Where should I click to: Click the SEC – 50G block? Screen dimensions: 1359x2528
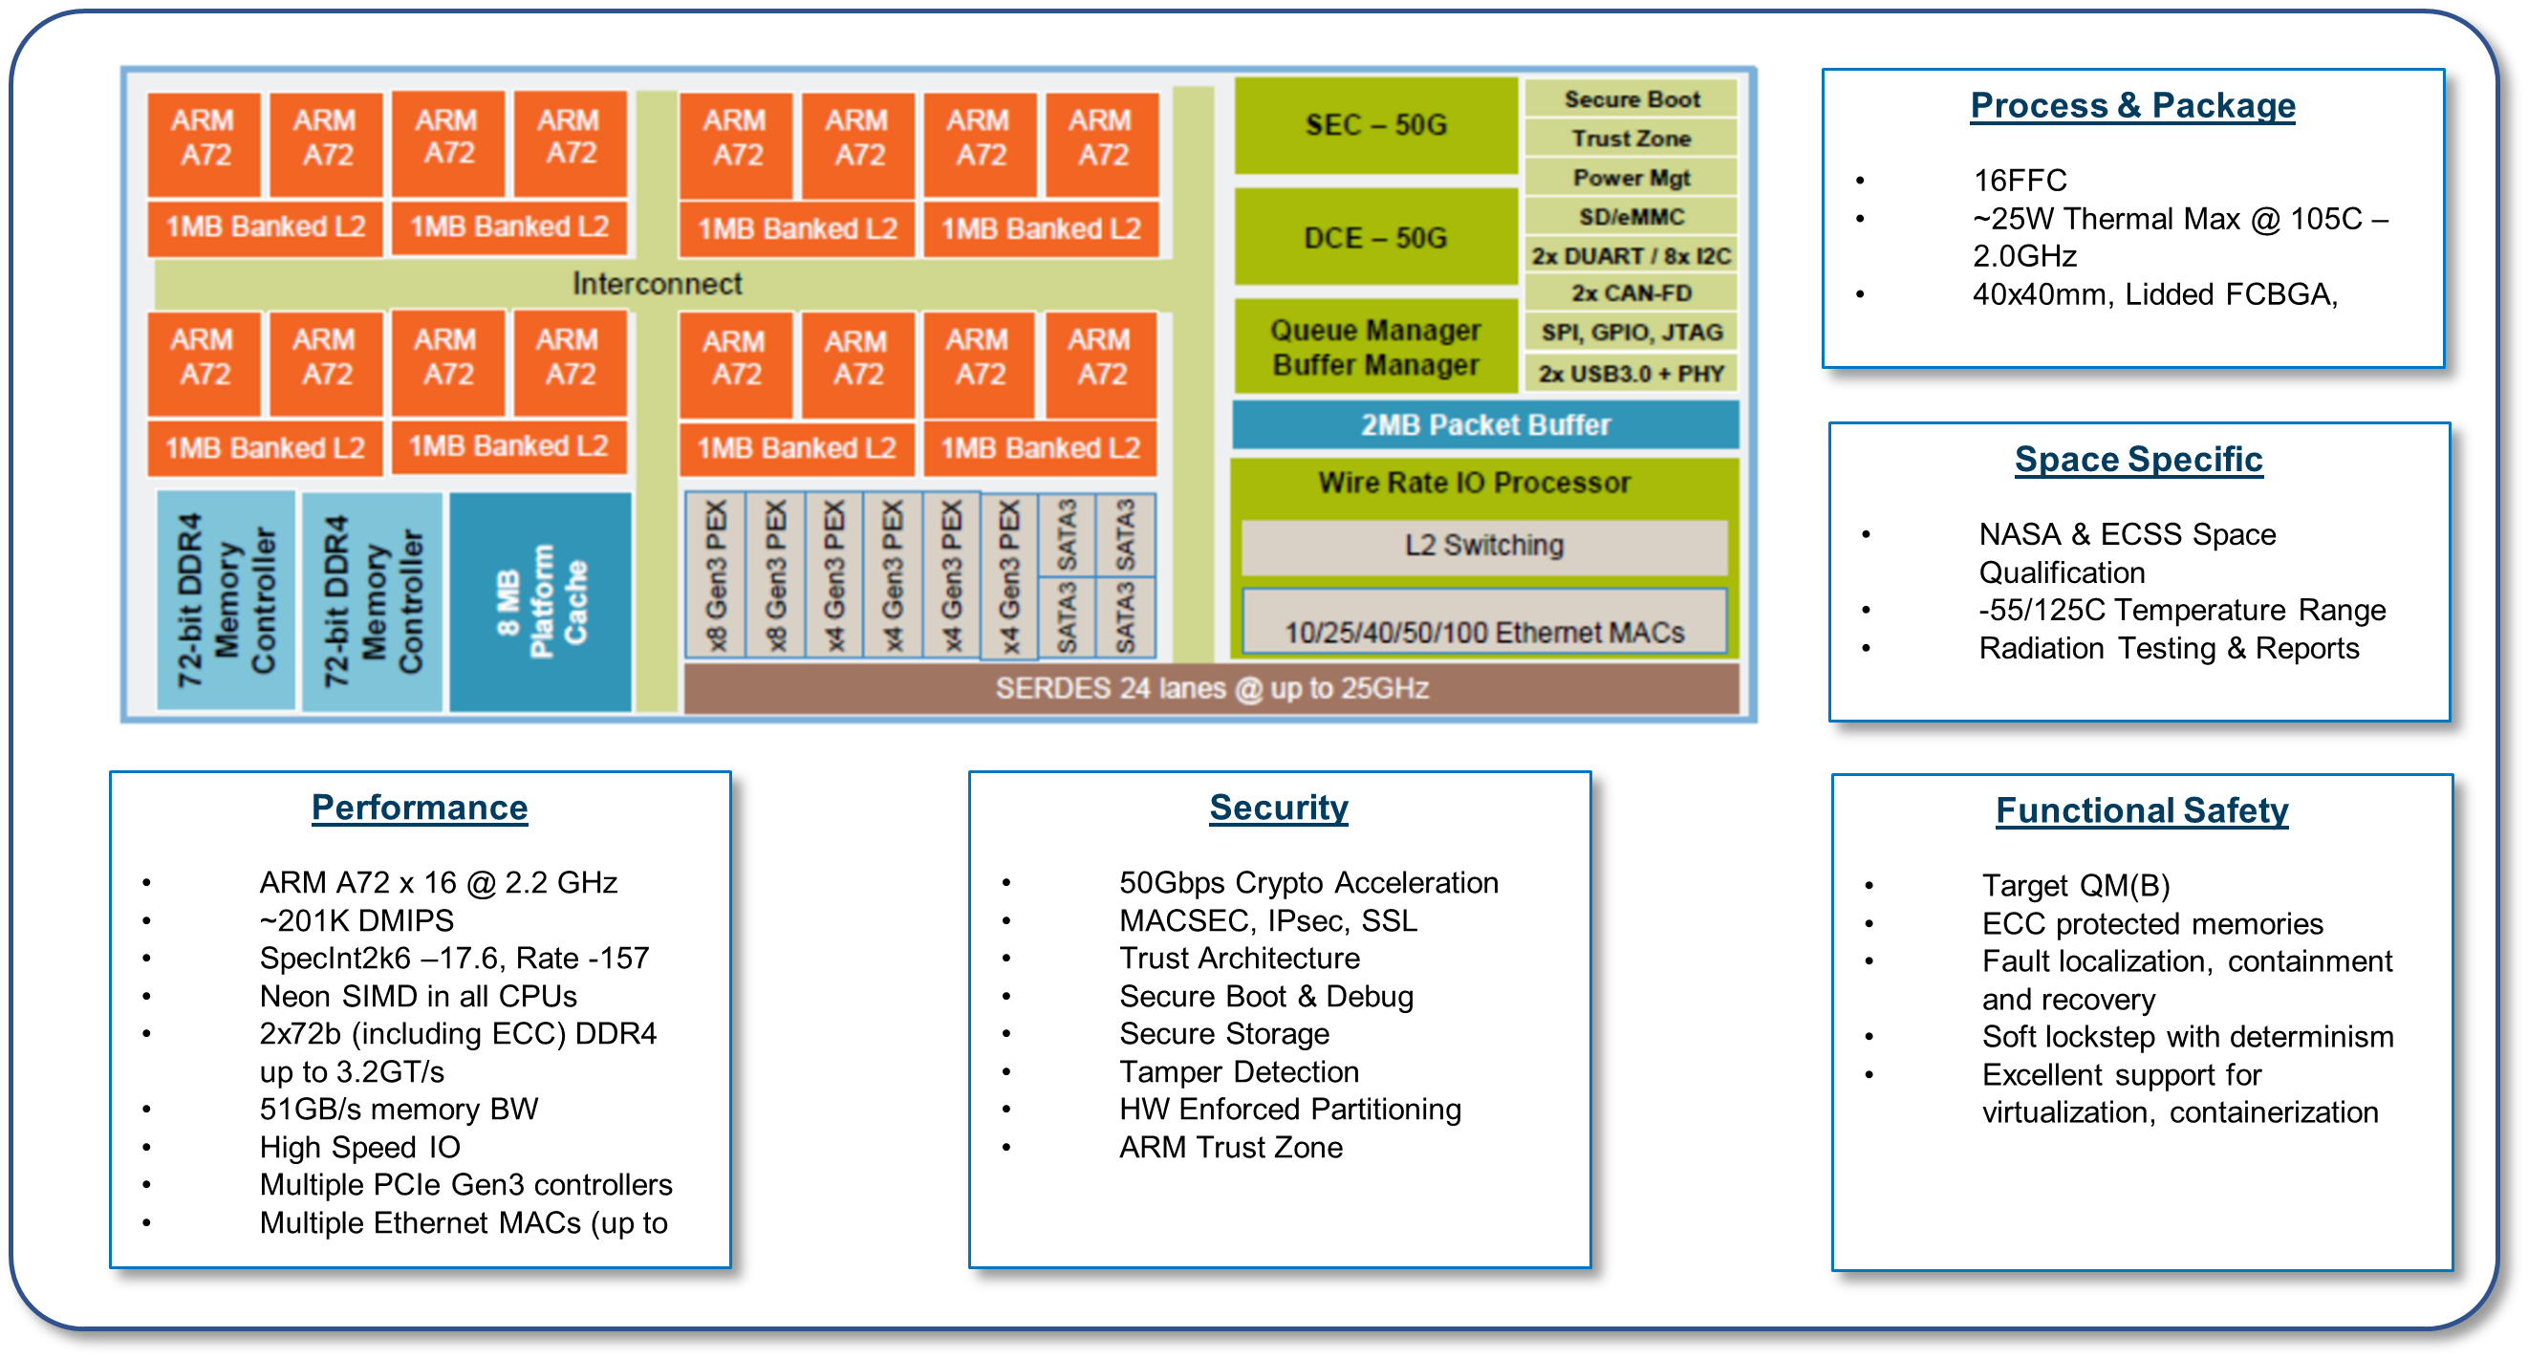tap(1375, 125)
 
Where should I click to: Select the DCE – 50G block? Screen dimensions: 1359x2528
tap(1375, 237)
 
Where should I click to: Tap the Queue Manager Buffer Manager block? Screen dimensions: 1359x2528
tap(1375, 347)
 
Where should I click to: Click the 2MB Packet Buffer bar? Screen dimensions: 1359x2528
tap(1485, 425)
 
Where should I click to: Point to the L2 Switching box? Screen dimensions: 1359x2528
tap(1483, 546)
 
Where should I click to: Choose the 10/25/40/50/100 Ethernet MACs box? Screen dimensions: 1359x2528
tap(1483, 628)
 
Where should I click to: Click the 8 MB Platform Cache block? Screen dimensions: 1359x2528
tap(541, 600)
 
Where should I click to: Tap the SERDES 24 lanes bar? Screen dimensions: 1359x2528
tap(1211, 689)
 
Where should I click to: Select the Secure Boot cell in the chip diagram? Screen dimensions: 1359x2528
tap(1631, 99)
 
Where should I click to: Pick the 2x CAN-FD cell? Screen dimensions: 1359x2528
tap(1631, 293)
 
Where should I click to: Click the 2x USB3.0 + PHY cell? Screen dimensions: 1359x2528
tap(1631, 374)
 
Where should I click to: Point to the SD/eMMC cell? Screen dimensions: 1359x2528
tap(1631, 217)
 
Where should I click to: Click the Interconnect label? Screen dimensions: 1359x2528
tap(657, 284)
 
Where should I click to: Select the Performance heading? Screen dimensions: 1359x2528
tap(419, 808)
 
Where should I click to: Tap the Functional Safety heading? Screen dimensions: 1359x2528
tap(2141, 810)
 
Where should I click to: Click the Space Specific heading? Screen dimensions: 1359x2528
tap(2138, 460)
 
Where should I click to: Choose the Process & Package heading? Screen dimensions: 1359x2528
tap(2132, 105)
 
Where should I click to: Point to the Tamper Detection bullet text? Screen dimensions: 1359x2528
tap(1239, 1071)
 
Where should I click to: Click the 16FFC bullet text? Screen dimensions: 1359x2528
tap(2020, 181)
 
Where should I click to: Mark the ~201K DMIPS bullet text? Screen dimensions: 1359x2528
tap(357, 920)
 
